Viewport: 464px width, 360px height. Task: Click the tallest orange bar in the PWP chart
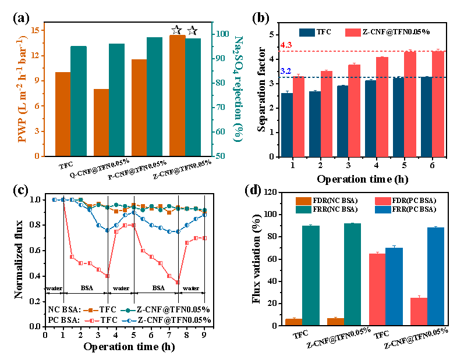(x=177, y=95)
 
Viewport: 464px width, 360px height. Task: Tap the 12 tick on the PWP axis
(x=36, y=56)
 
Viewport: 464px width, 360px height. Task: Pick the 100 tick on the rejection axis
(x=222, y=34)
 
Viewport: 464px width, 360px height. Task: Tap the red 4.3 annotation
(x=286, y=45)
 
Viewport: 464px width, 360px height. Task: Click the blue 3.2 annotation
(x=286, y=71)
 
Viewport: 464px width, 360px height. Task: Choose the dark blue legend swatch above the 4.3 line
(x=307, y=33)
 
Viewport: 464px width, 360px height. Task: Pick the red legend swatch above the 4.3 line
(x=353, y=33)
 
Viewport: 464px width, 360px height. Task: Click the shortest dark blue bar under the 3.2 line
(x=287, y=124)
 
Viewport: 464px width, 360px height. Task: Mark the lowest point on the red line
(x=178, y=282)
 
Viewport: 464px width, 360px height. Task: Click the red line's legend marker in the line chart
(x=92, y=320)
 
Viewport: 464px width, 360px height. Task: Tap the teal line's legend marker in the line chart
(x=128, y=311)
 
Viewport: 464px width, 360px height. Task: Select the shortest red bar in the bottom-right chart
(x=419, y=311)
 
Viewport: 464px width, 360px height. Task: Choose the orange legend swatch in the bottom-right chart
(x=303, y=201)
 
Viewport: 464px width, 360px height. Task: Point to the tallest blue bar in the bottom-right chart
(x=435, y=276)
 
